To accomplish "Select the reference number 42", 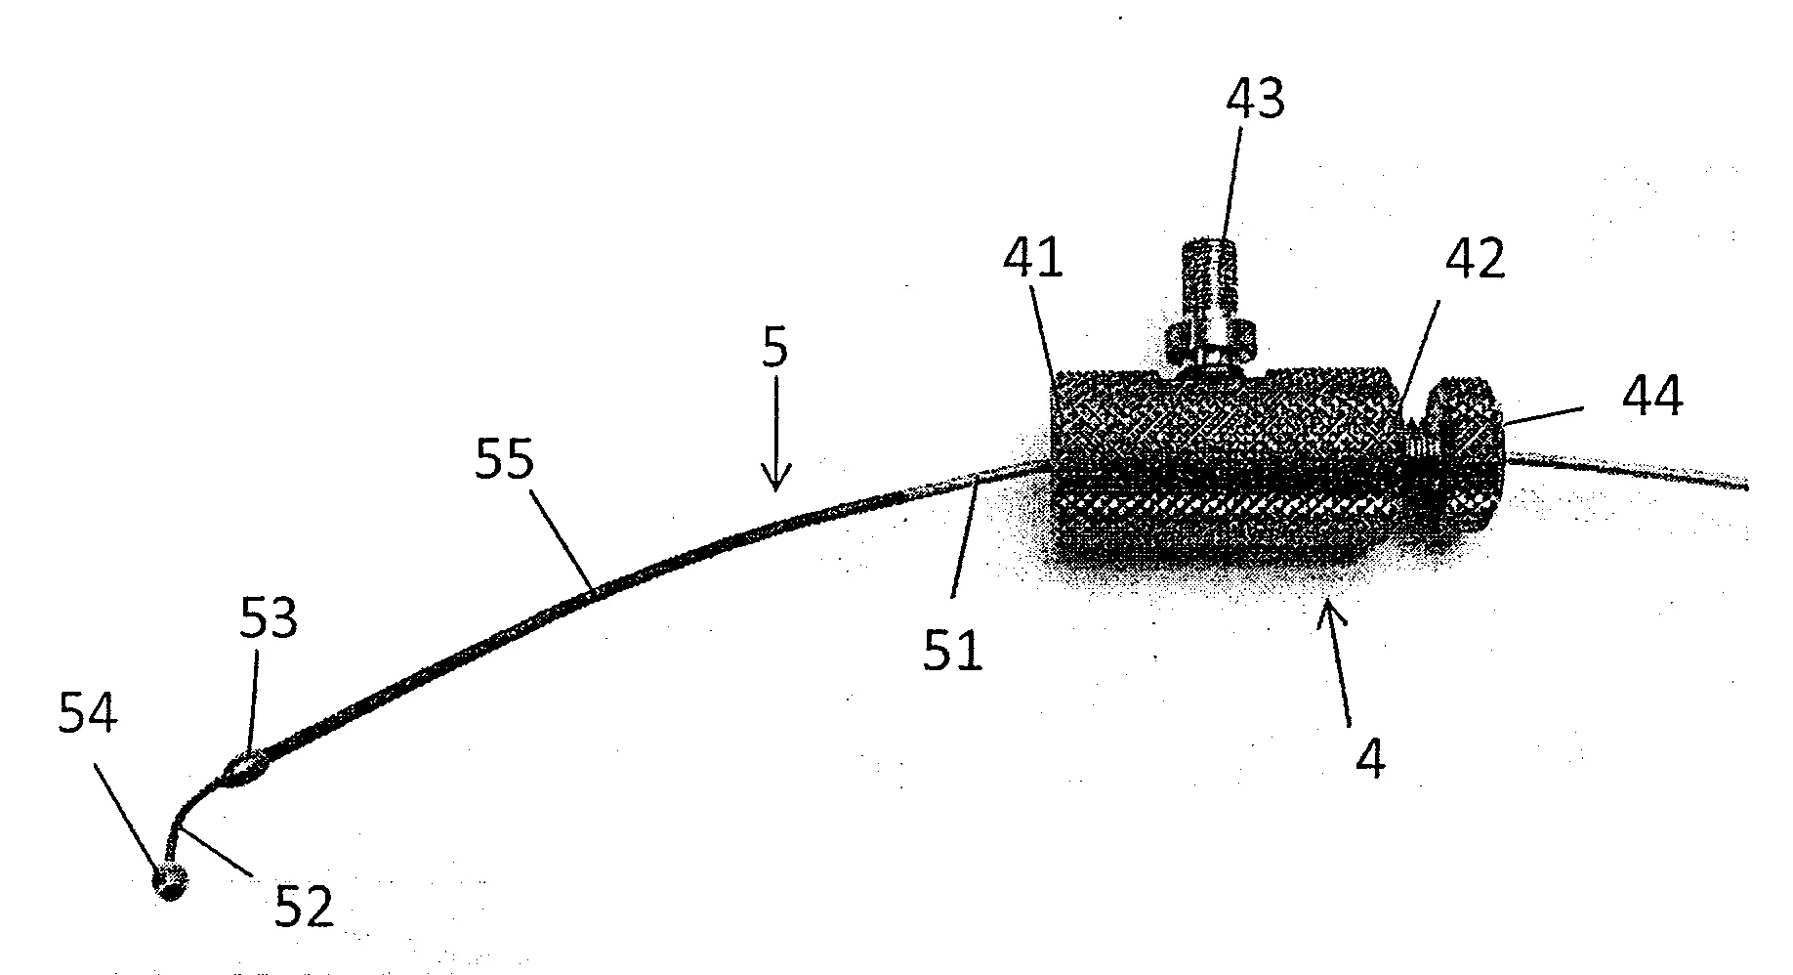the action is tap(1475, 261).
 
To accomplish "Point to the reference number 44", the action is tap(1652, 399).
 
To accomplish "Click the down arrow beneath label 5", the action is tap(776, 438).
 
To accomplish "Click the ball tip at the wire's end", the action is tap(170, 883).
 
